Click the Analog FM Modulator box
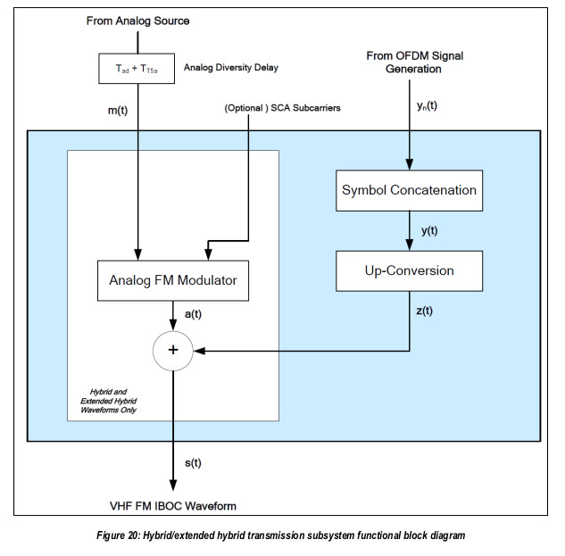tap(173, 280)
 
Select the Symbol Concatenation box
tap(408, 190)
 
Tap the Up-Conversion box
tap(408, 270)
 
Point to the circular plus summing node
tap(173, 351)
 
